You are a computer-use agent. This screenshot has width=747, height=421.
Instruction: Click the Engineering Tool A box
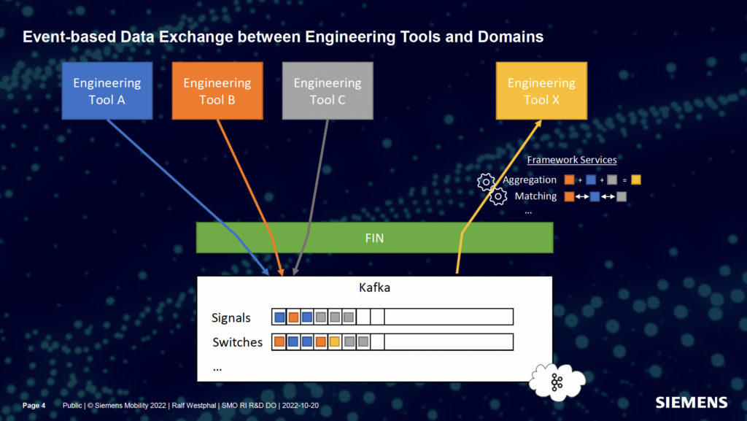pos(107,90)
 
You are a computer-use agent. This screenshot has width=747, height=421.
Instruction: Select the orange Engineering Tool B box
pos(217,90)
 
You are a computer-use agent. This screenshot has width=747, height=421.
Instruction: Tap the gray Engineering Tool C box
pos(328,90)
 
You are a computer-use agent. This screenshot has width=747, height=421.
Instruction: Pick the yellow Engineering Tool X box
pos(541,90)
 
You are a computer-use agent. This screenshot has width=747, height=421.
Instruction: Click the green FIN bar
pos(374,238)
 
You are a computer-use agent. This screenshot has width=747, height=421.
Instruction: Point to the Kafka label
pos(374,287)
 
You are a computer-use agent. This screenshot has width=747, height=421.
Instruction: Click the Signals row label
pos(231,317)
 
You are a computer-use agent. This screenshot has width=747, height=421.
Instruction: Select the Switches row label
pos(237,342)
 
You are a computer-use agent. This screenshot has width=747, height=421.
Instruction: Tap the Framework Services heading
pos(572,160)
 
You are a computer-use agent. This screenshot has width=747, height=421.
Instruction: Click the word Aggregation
pos(530,179)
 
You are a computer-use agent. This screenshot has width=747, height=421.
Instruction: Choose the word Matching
pos(535,196)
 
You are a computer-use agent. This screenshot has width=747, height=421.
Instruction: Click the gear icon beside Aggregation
pos(486,181)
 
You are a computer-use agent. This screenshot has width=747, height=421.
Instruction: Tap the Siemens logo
pos(691,402)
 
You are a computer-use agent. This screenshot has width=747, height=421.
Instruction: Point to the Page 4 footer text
pos(34,405)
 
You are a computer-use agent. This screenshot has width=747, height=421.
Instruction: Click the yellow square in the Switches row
pos(335,341)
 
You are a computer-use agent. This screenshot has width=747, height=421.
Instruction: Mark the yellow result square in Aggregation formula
pos(636,179)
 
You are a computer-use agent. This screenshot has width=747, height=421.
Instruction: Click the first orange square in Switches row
pos(279,341)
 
